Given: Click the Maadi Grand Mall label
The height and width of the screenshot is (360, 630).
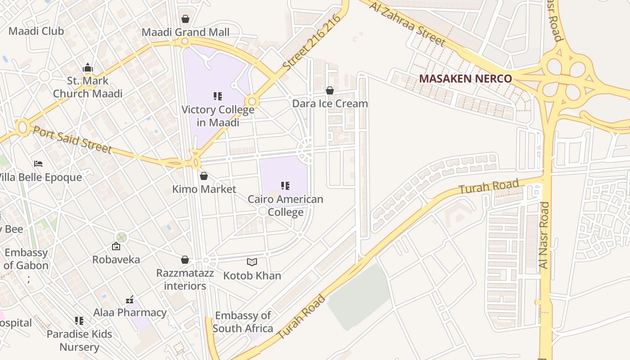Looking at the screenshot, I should pyautogui.click(x=185, y=32).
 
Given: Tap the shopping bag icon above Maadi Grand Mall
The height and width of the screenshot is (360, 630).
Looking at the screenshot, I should pyautogui.click(x=185, y=19).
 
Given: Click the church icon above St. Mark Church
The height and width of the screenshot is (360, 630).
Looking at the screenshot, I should pyautogui.click(x=88, y=68).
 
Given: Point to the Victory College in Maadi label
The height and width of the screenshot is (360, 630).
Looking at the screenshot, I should pyautogui.click(x=218, y=116).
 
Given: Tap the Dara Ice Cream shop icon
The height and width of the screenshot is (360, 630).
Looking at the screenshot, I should pyautogui.click(x=330, y=91).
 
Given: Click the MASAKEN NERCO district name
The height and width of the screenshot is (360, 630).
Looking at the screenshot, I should pyautogui.click(x=465, y=79).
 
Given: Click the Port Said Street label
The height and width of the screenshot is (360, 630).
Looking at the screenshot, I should pyautogui.click(x=72, y=139).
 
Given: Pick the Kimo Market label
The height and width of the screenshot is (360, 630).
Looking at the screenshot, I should pyautogui.click(x=204, y=189).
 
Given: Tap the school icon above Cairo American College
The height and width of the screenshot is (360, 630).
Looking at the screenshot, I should pyautogui.click(x=285, y=185).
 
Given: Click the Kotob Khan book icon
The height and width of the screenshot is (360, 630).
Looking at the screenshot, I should pyautogui.click(x=252, y=262).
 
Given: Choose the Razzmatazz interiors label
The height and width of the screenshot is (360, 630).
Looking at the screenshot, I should pyautogui.click(x=185, y=279).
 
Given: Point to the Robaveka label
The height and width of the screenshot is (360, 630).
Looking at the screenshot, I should pyautogui.click(x=116, y=260).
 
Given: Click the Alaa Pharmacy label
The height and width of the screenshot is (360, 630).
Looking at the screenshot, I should pyautogui.click(x=130, y=312).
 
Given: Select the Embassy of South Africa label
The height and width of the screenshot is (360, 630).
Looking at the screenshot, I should pyautogui.click(x=243, y=322).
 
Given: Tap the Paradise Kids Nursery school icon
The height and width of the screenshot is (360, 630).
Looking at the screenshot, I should pyautogui.click(x=79, y=321).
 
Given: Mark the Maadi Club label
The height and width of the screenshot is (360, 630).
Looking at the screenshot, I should pyautogui.click(x=36, y=31).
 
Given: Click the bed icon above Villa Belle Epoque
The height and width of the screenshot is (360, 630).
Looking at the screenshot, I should pyautogui.click(x=38, y=164).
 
